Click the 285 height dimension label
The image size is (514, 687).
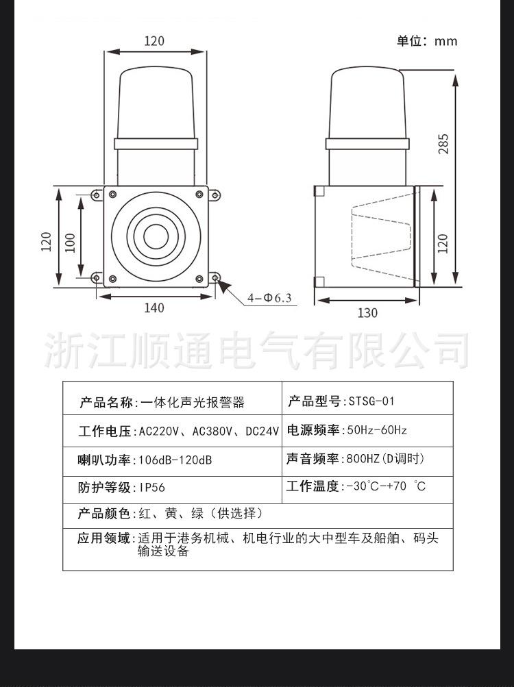443,143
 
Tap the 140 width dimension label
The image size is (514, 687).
154,308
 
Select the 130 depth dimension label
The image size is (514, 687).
367,313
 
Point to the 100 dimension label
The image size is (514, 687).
70,242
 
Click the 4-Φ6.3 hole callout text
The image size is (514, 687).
269,298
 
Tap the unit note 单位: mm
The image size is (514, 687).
426,41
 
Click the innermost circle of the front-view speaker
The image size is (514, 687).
155,237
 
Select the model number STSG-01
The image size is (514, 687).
371,401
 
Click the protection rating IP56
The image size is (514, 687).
151,488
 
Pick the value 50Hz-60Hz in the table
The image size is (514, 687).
377,430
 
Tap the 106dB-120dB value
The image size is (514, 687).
175,460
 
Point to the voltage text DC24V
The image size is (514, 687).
262,432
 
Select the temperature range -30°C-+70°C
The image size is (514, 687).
386,487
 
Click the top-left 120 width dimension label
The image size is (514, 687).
154,41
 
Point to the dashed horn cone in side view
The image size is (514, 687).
380,237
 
